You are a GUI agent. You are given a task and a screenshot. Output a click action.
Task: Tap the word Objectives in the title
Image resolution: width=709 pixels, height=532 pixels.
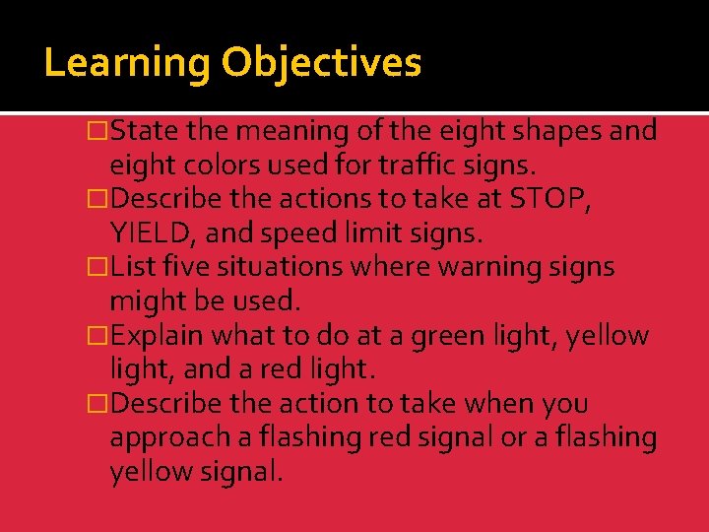[321, 63]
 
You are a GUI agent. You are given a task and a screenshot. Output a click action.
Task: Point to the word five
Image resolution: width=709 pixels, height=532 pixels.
[189, 267]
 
